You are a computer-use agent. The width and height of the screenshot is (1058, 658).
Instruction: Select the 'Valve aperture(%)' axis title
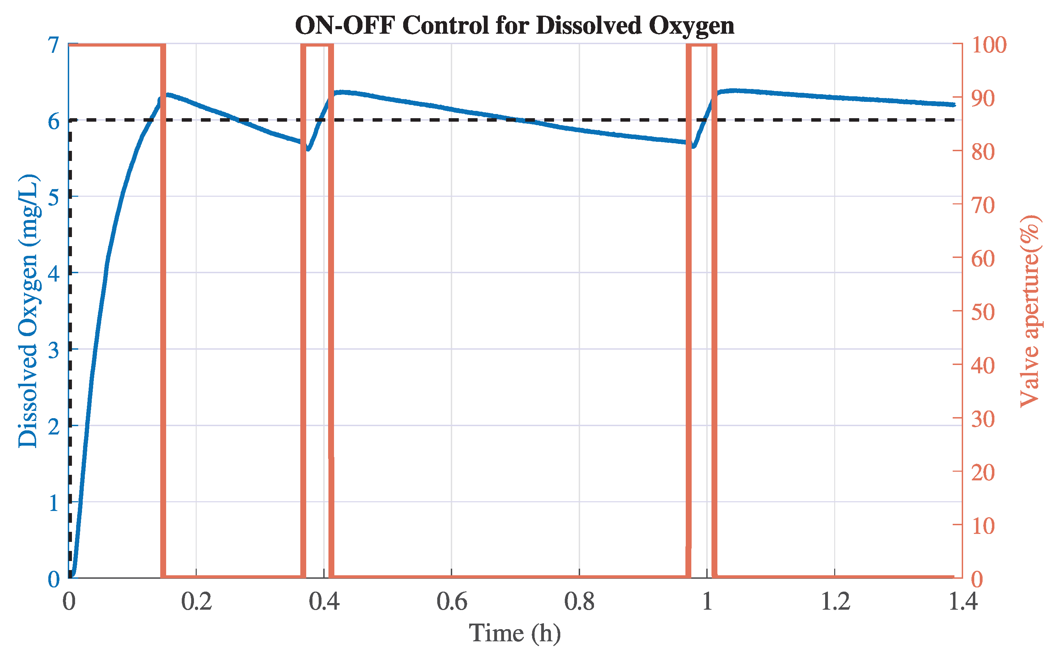point(1030,311)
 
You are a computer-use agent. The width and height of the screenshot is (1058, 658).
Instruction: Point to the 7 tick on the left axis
point(54,45)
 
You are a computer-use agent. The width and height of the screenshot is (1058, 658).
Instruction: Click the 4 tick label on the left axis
point(54,274)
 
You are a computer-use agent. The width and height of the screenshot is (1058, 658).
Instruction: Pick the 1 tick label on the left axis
point(54,503)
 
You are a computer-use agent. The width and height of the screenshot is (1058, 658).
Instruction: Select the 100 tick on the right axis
point(989,45)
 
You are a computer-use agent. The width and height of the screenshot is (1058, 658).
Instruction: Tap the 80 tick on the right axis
point(983,152)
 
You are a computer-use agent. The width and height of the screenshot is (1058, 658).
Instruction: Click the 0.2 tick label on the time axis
point(196,602)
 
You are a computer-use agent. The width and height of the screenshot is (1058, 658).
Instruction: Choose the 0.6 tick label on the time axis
point(451,602)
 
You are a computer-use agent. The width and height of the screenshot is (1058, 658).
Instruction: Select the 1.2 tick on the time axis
point(835,602)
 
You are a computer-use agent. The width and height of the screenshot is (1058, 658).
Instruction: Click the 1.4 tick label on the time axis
point(962,602)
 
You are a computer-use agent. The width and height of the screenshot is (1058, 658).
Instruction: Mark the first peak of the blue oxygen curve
point(168,95)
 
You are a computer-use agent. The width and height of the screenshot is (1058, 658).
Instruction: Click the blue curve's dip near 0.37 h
point(308,149)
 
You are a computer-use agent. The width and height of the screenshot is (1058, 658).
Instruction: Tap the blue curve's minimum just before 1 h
point(693,146)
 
